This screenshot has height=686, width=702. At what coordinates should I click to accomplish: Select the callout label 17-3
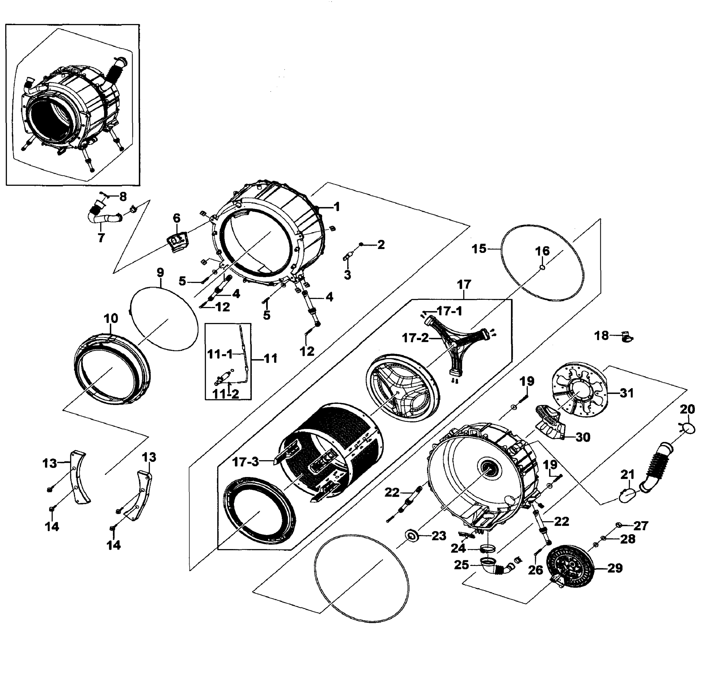coord(246,462)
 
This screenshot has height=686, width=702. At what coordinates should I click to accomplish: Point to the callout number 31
coord(626,393)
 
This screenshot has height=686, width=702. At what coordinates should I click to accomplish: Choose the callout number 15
coord(479,249)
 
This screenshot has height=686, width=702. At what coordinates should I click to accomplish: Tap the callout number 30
coord(583,437)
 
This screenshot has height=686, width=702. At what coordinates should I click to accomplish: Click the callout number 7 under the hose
coord(101,238)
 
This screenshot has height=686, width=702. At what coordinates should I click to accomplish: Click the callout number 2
coord(381,245)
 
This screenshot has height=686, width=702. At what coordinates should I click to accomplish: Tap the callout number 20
coord(687,409)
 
